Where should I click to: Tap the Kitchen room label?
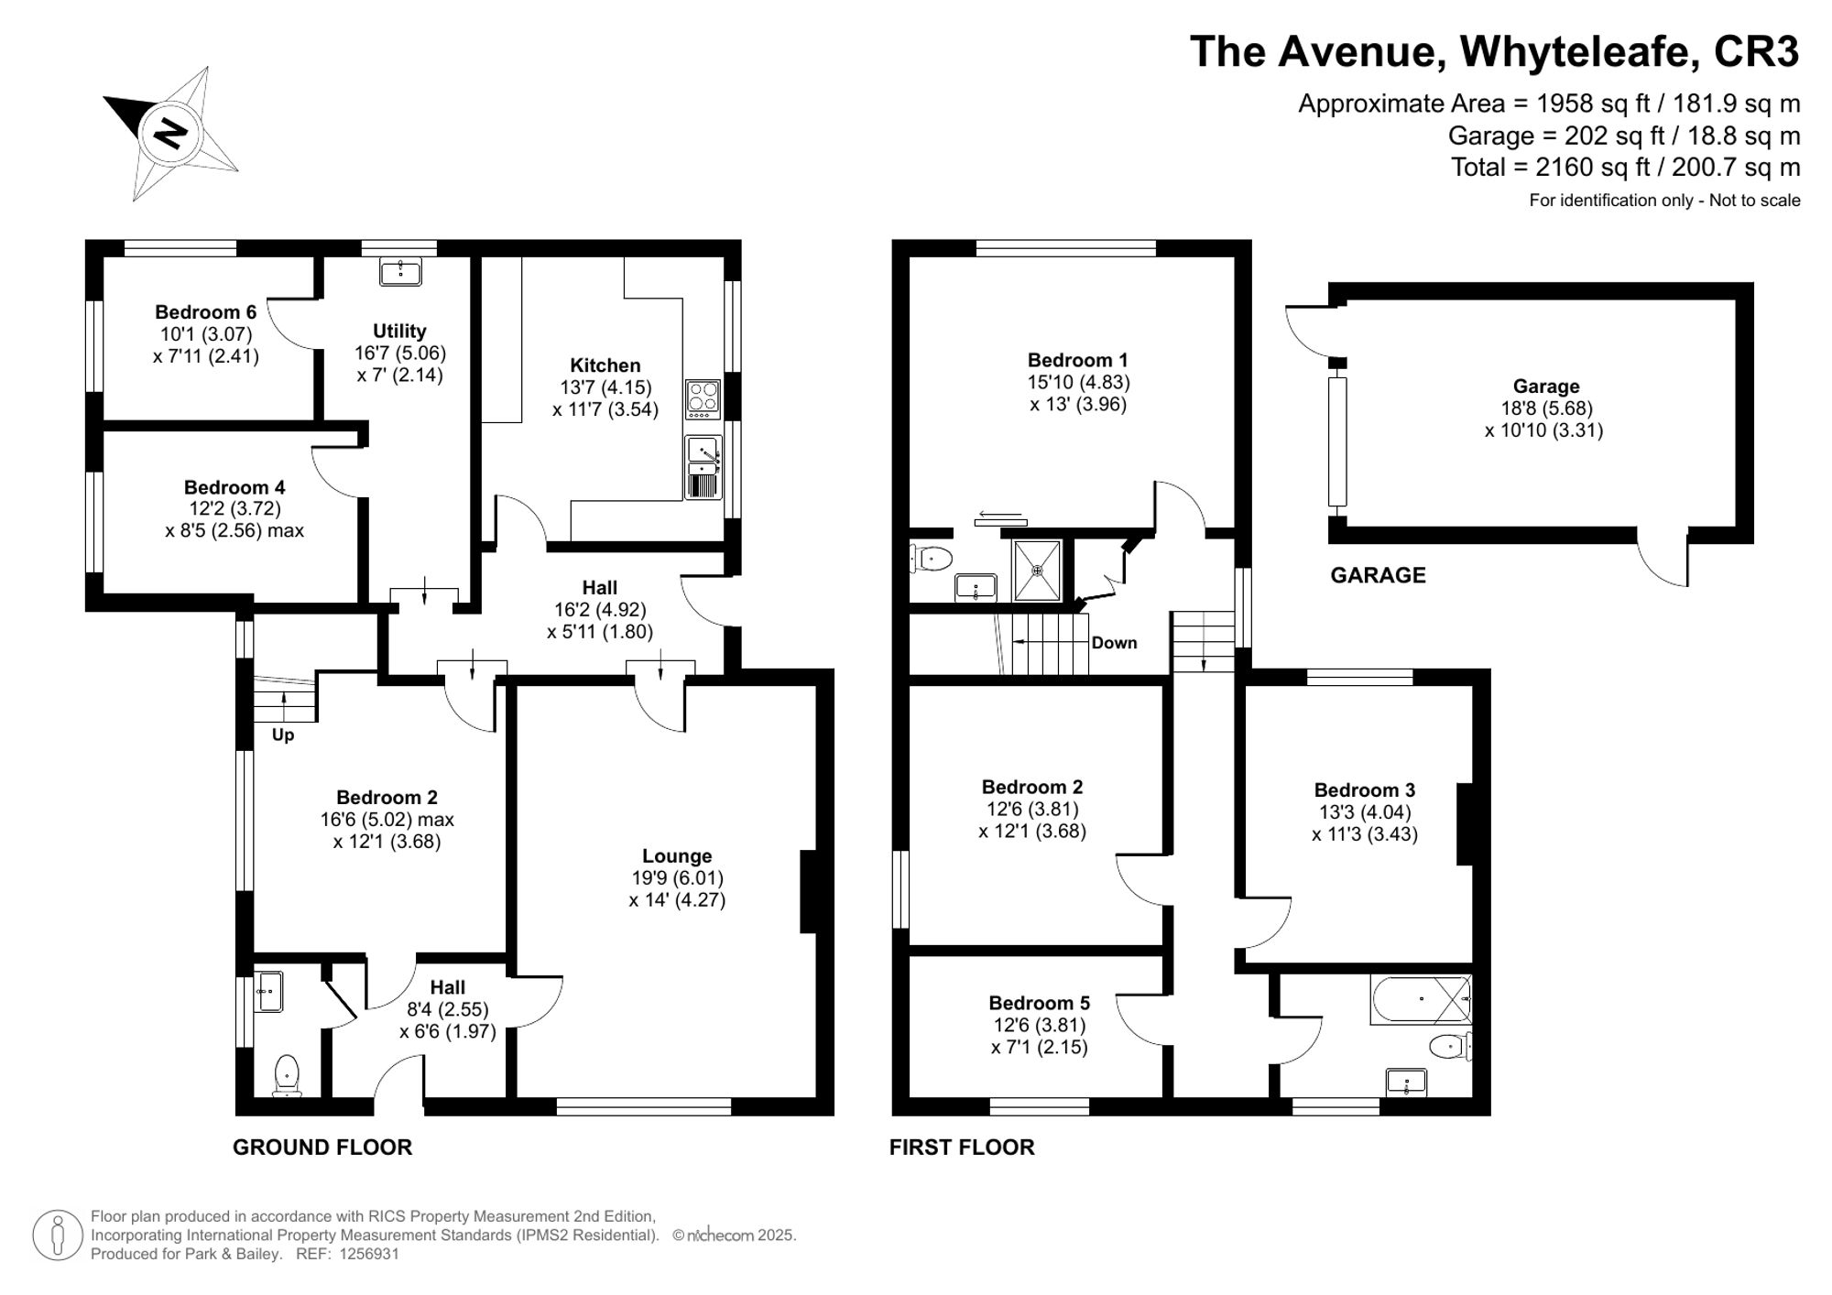(x=605, y=365)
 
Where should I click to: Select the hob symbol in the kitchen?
(x=703, y=397)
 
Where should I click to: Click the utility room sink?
(x=400, y=272)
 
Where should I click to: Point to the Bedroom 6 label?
(x=205, y=312)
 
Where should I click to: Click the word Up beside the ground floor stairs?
(x=283, y=735)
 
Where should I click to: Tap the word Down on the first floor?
(x=1114, y=643)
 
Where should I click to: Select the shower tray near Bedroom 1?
(x=1038, y=571)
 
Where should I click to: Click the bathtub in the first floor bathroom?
(x=1420, y=999)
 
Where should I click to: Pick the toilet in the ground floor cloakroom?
(x=288, y=1073)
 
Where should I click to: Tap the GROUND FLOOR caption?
(x=322, y=1147)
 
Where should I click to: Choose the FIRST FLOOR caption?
(x=962, y=1147)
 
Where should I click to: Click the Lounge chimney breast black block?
(x=808, y=891)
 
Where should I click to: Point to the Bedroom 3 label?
(x=1364, y=790)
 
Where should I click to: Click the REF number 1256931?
(x=369, y=1254)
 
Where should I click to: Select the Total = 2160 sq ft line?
(x=1625, y=168)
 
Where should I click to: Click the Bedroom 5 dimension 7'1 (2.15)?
(x=1039, y=1047)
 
